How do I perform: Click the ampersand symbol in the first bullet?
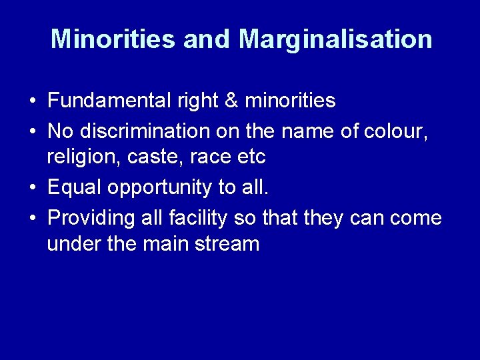tap(231, 101)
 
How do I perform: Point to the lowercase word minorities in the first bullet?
tap(290, 101)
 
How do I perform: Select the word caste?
tap(139, 157)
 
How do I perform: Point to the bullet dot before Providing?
tap(32, 218)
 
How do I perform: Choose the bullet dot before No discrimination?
tap(32, 131)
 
